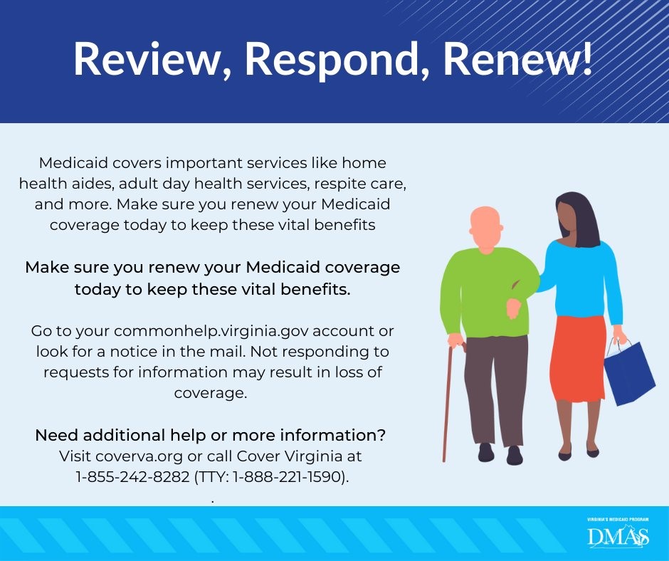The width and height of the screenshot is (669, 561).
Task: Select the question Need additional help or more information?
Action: click(211, 435)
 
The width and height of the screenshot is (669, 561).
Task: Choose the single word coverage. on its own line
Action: click(211, 392)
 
